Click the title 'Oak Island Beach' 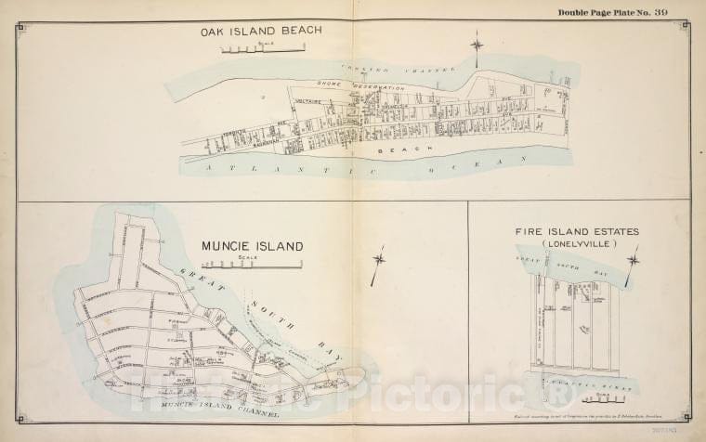click(261, 31)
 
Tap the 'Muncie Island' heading click(253, 246)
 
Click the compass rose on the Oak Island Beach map click(477, 45)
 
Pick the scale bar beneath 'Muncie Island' click(270, 263)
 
